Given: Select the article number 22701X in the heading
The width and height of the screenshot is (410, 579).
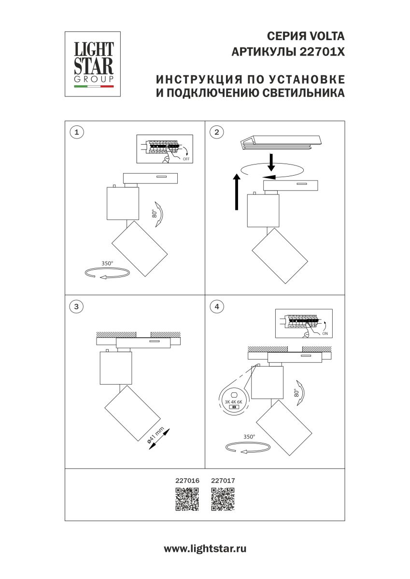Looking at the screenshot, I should point(323,52).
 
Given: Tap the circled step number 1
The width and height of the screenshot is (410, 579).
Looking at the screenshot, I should point(77,131).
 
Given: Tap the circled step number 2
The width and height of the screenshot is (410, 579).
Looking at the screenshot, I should point(217,131).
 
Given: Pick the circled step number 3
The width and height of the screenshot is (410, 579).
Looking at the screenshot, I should point(77,306).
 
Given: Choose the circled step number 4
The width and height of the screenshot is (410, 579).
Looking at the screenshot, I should point(217,306).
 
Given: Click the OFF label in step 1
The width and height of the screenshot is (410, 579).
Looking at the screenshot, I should point(186,158).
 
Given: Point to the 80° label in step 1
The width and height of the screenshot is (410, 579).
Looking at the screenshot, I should point(155,214).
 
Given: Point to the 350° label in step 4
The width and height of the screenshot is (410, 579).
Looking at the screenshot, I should point(249,436).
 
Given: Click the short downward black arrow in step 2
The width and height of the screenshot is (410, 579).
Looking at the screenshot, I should point(271,163).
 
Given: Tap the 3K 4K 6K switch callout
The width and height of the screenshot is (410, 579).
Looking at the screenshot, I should point(234,400).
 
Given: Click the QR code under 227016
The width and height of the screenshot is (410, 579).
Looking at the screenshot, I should point(186,499).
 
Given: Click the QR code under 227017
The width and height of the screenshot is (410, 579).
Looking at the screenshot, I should point(223,499).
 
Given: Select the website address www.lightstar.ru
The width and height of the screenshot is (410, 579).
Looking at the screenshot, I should point(205,549).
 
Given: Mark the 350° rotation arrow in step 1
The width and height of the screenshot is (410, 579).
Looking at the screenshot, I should point(107,273).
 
